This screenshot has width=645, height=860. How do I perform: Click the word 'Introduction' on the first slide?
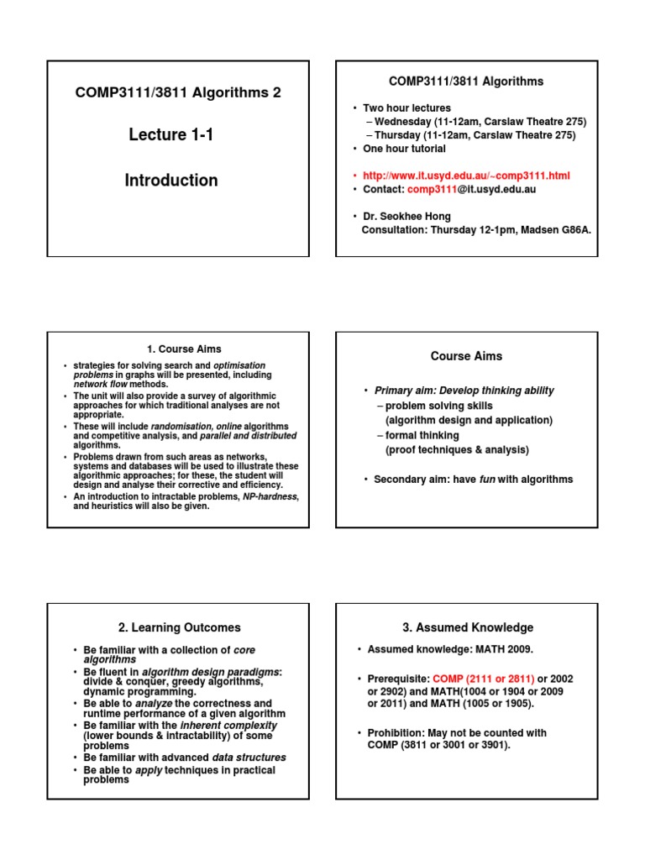[171, 181]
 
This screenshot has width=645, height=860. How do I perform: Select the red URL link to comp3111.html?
[466, 176]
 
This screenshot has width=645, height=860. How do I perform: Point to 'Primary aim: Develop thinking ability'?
[464, 391]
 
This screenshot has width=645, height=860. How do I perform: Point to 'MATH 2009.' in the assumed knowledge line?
[506, 650]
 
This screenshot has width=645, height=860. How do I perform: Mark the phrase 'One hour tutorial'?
[404, 149]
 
